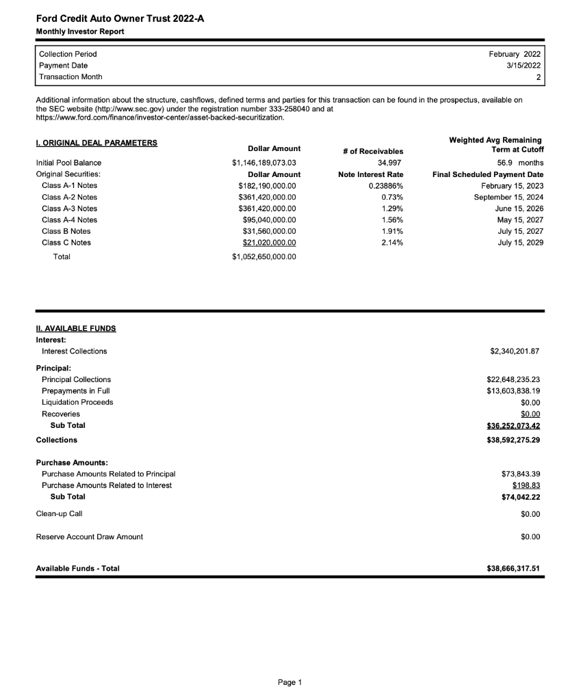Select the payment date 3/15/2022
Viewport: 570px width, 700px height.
tap(523, 65)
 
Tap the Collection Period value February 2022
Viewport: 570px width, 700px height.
tap(515, 53)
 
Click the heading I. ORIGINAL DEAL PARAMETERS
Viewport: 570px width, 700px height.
tap(96, 143)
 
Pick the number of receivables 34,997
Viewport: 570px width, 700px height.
tap(389, 163)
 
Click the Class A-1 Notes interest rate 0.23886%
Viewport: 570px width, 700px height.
tap(385, 186)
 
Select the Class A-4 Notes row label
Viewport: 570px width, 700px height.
tap(69, 220)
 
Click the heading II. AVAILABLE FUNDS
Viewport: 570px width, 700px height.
tap(76, 328)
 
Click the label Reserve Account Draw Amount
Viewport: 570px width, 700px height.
tap(89, 537)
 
